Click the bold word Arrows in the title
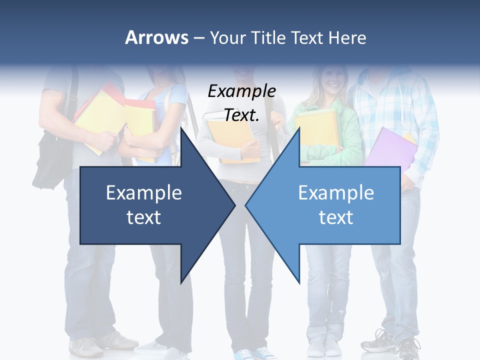[x=156, y=37]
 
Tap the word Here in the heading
[x=347, y=38]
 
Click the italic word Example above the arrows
[x=241, y=91]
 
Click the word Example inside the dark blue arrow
[x=144, y=192]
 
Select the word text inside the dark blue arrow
[x=144, y=217]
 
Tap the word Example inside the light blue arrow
[x=336, y=192]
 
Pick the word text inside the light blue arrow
[x=336, y=217]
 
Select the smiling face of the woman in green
[x=331, y=77]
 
